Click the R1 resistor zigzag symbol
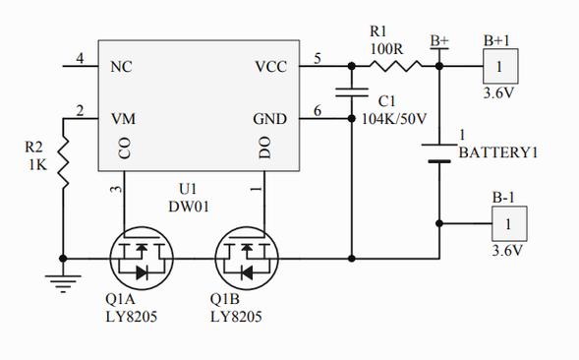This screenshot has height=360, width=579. coord(395,66)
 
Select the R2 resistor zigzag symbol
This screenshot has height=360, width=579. coord(64,162)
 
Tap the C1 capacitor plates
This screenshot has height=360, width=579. coord(352,92)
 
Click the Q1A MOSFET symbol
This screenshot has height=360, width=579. coord(142,258)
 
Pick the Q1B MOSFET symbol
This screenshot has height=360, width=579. coord(247,258)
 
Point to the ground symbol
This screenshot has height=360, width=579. coord(63,283)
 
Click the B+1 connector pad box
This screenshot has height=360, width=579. coord(500,66)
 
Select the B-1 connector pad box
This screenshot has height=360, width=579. coord(509,224)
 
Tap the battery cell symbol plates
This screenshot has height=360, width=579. coord(439,153)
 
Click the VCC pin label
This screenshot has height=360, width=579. coord(270,67)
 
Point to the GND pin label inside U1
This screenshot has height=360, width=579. coord(270,119)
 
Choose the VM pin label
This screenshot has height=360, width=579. coord(123,119)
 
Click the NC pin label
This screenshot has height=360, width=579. coord(121,67)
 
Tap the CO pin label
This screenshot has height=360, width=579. coord(125,148)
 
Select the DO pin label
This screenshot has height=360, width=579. coord(264,148)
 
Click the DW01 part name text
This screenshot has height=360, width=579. coord(189,207)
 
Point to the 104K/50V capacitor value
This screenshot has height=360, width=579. coord(394,119)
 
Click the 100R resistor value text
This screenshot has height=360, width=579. coord(386,48)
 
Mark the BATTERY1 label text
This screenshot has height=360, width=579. coord(498,152)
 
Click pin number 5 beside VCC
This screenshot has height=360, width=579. coord(318,58)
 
